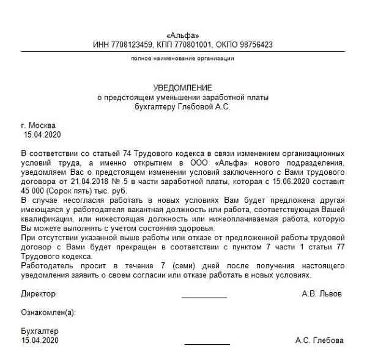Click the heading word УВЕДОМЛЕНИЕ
point(183,89)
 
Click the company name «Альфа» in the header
point(183,35)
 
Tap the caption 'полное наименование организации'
point(183,58)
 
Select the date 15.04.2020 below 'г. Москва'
point(42,134)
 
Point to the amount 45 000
point(35,190)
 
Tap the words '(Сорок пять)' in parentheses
point(75,190)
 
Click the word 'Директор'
point(38,294)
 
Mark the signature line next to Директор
point(204,296)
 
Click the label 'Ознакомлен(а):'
point(48,312)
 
